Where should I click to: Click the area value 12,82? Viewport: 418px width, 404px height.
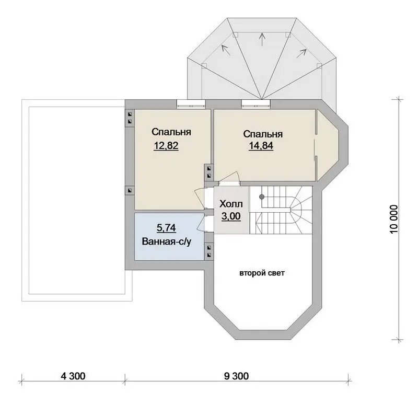point(166,146)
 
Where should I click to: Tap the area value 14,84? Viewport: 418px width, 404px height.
point(261,146)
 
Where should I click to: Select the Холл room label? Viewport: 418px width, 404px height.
point(231,204)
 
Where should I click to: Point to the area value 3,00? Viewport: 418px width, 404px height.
point(231,216)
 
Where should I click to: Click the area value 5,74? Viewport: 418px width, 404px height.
point(166,228)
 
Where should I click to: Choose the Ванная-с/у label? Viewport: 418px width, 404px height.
point(167,241)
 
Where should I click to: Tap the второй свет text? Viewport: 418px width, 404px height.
point(262,273)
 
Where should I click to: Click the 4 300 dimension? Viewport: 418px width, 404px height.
point(73,376)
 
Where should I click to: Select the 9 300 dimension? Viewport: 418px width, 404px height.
point(237,376)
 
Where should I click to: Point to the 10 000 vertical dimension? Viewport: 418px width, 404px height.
point(394,219)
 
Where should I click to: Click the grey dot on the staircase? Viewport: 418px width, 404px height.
point(262,197)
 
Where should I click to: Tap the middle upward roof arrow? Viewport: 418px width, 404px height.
point(263,39)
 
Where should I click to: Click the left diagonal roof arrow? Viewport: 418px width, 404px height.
point(226,50)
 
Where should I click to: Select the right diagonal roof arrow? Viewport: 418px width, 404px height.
point(301,53)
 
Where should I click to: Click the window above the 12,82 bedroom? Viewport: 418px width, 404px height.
point(191,104)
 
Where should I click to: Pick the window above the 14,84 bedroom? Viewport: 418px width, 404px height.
point(256,104)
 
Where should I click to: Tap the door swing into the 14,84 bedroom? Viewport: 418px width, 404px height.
point(233,176)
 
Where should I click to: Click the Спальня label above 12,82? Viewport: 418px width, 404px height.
point(171,132)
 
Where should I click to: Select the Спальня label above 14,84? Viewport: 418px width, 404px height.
point(263,134)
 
